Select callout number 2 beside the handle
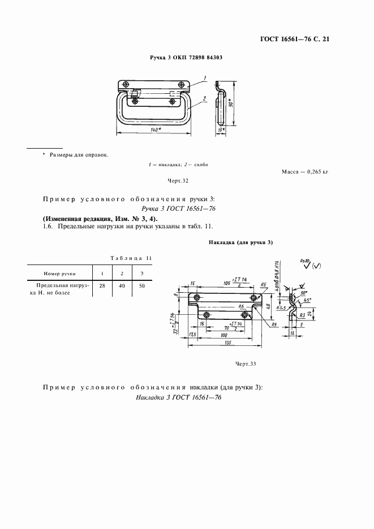click(203, 98)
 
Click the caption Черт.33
click(246, 363)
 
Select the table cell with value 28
click(102, 287)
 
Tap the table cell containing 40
click(122, 287)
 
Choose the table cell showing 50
click(141, 287)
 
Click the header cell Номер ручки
click(59, 273)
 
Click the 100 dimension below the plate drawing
click(225, 334)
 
